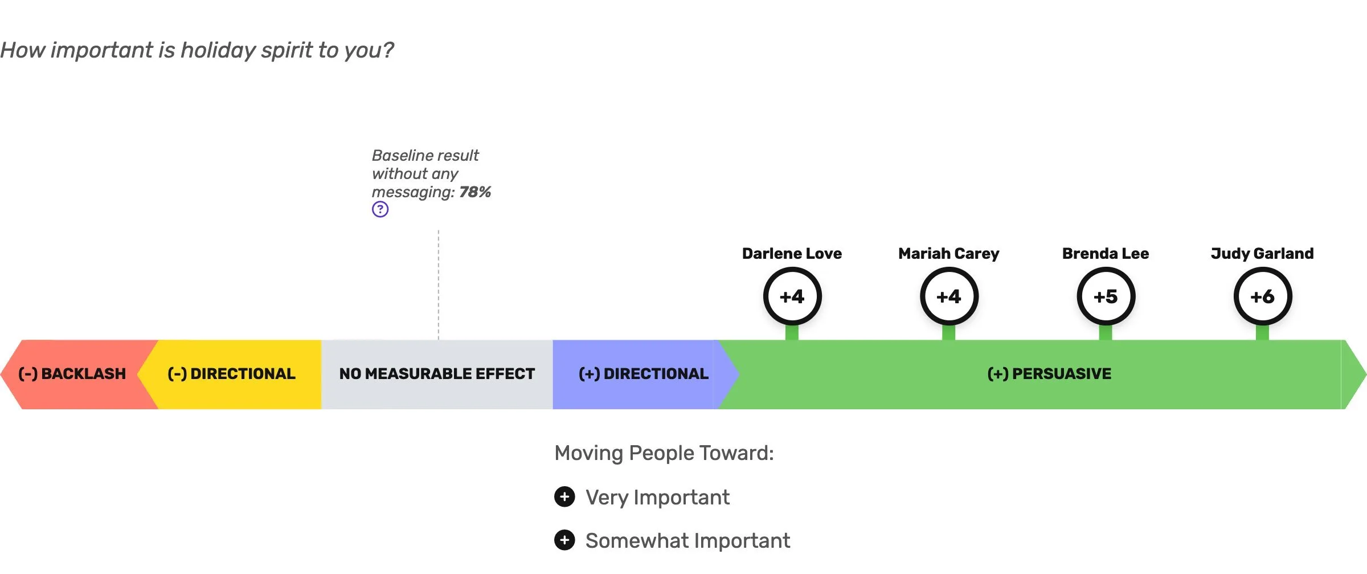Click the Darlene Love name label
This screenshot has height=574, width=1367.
(792, 254)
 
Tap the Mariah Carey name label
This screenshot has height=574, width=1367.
(948, 254)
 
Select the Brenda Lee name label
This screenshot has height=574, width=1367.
(1105, 254)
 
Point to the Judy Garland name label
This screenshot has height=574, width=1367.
(1262, 254)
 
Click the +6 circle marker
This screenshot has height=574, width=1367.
(1262, 296)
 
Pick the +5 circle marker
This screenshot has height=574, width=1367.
(1106, 296)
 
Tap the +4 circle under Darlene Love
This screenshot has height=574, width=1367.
(792, 296)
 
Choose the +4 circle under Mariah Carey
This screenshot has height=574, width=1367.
(949, 296)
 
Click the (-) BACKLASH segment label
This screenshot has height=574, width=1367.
(72, 374)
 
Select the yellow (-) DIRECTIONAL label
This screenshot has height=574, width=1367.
(231, 374)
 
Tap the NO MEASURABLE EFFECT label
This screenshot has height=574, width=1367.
(437, 374)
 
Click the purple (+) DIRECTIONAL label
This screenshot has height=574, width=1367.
(643, 374)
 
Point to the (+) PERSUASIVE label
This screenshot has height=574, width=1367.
(1049, 374)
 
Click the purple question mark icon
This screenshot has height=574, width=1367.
(380, 209)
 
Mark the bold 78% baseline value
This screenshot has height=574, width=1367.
(475, 192)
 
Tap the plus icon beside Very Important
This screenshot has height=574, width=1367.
(564, 497)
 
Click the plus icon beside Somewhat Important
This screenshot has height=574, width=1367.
(564, 540)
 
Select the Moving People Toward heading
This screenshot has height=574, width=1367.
(664, 453)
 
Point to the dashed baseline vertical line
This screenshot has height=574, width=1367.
(439, 285)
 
